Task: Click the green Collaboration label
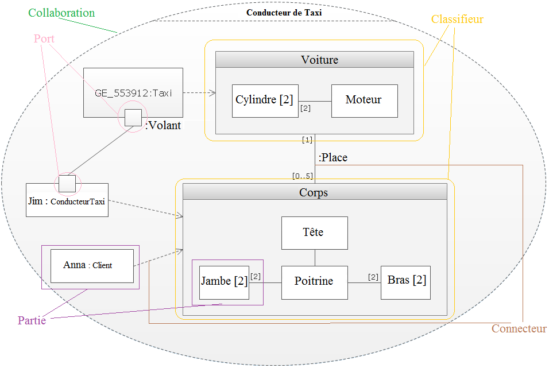pos(61,13)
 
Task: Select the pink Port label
pos(44,38)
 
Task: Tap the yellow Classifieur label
pos(457,20)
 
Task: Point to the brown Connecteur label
pos(519,329)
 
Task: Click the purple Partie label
pos(32,321)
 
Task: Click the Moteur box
pos(364,100)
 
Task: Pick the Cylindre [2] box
pos(265,100)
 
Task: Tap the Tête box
pos(314,233)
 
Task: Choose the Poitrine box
pos(314,282)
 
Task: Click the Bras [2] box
pos(406,282)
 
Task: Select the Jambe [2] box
pos(224,282)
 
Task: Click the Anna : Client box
pos(92,266)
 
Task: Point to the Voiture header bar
pos(314,60)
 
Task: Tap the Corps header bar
pos(314,192)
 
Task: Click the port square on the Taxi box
pos(133,118)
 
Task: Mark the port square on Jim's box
pos(67,184)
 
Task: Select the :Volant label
pos(163,126)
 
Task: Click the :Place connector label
pos(333,157)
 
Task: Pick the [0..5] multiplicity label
pos(302,176)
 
